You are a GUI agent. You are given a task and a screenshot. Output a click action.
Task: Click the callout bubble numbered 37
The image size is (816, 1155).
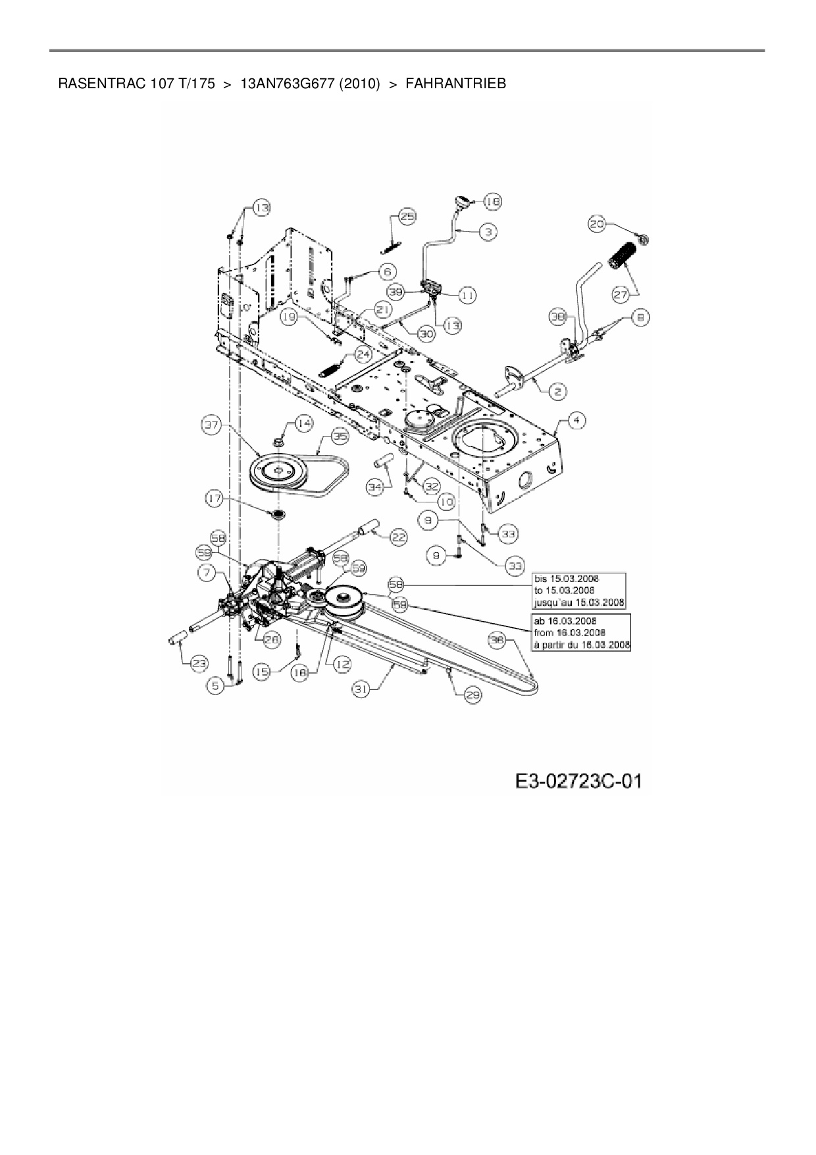coord(211,426)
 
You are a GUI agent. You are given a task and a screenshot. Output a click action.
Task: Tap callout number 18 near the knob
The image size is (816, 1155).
coord(493,201)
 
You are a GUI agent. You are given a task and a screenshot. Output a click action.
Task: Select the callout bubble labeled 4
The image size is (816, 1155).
coord(576,420)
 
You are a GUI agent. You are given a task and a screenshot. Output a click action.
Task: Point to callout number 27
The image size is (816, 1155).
coord(621,294)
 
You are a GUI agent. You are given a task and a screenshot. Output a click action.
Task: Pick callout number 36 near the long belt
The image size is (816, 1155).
coord(497,638)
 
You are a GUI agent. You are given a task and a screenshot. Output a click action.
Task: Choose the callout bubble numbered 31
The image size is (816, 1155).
coord(360,689)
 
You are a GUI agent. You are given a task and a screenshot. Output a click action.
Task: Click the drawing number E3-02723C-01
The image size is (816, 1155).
coord(578,782)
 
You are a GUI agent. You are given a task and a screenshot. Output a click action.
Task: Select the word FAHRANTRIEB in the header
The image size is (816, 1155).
coord(456,84)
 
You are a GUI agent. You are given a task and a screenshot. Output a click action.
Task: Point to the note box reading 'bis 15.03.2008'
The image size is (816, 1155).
coord(578,590)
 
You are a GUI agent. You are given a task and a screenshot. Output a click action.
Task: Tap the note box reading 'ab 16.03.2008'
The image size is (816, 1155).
coord(580,632)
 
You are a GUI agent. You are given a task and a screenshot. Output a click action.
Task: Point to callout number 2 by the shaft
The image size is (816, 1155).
coord(557,392)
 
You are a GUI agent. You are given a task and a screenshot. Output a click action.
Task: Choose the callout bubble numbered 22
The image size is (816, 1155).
coord(399,537)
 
